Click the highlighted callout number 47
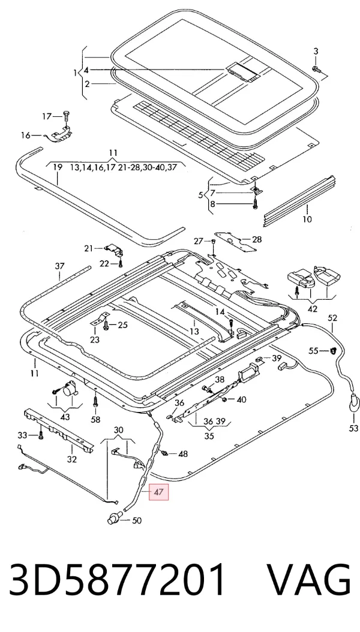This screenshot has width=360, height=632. [x=158, y=492]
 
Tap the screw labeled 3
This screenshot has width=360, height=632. [x=316, y=70]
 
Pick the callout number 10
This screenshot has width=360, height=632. [x=307, y=219]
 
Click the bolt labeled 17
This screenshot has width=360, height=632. [x=67, y=116]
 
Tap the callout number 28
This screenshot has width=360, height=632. [x=257, y=239]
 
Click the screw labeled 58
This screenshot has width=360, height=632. [x=95, y=402]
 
